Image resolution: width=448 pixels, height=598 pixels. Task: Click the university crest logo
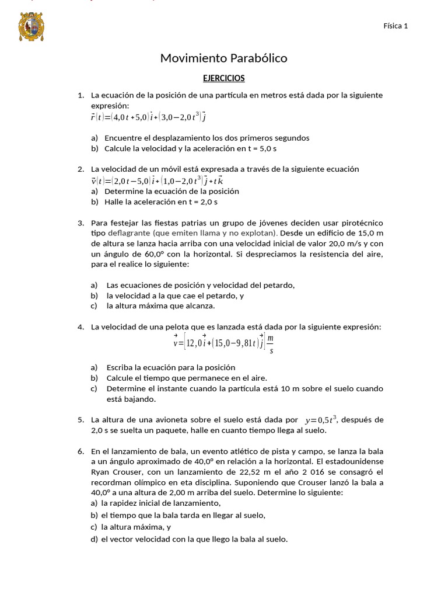[x=32, y=27]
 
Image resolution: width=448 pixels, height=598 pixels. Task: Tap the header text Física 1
[x=395, y=26]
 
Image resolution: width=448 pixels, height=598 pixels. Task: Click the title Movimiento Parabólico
[x=223, y=58]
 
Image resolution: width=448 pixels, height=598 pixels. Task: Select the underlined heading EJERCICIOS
[x=223, y=78]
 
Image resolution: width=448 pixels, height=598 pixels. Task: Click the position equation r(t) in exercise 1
[x=148, y=117]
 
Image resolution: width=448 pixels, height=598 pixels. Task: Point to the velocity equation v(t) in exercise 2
[x=153, y=180]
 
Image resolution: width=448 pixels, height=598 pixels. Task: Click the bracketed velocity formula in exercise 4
[x=223, y=342]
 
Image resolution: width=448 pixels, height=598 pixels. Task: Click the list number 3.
[x=80, y=223]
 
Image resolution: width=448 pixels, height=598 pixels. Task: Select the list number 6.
[x=80, y=451]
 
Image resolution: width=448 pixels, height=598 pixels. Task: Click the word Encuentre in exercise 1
[x=124, y=138]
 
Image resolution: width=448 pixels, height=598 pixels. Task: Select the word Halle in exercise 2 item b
[x=114, y=202]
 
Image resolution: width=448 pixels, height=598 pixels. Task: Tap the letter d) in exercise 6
[x=94, y=540]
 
